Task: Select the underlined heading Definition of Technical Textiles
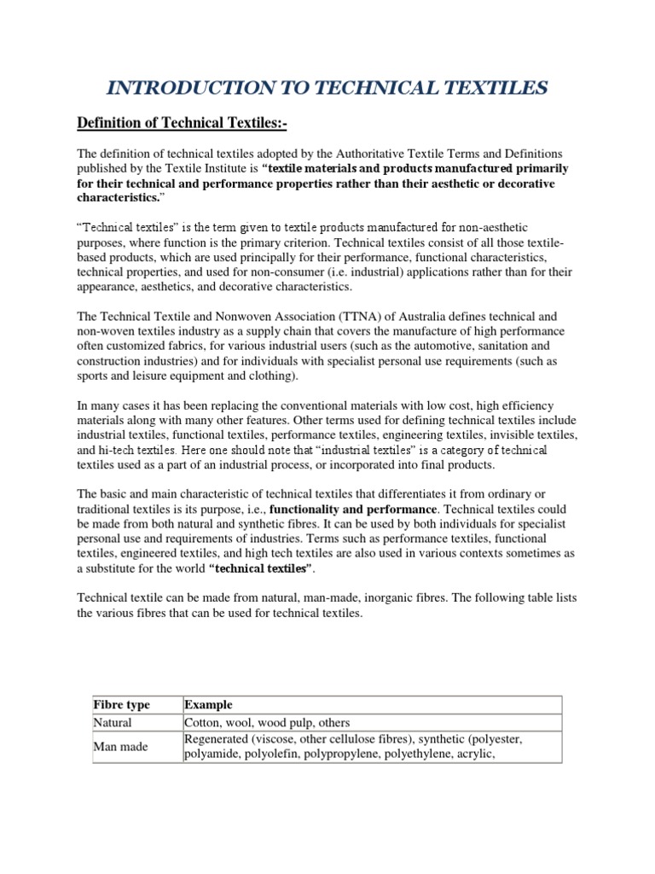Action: pyautogui.click(x=182, y=125)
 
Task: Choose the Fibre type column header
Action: pyautogui.click(x=121, y=705)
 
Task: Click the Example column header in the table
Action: pyautogui.click(x=208, y=705)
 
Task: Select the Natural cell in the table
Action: pyautogui.click(x=113, y=722)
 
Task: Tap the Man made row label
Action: pyautogui.click(x=120, y=746)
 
